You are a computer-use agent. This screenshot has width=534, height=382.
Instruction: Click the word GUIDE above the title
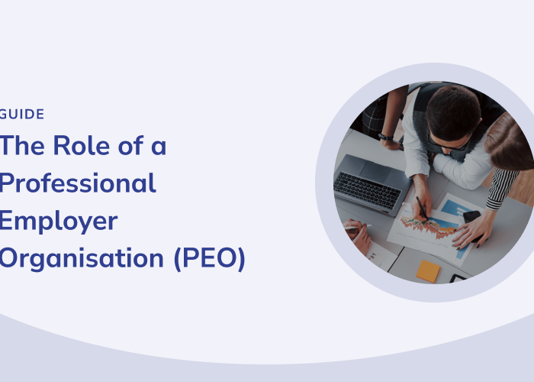(x=22, y=115)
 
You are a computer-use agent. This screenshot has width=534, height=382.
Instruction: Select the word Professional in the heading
(x=78, y=183)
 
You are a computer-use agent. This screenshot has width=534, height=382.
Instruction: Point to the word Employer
(x=59, y=222)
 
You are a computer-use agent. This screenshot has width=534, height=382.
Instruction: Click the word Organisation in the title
(x=82, y=259)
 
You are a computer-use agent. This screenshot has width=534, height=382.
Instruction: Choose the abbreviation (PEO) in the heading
(x=210, y=258)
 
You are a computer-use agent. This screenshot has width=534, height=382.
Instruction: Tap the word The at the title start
(x=22, y=146)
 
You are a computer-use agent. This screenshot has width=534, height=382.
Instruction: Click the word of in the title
(x=131, y=145)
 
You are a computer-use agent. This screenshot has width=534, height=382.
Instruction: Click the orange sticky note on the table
(x=428, y=271)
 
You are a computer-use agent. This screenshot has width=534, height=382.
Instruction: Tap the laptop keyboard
(x=367, y=190)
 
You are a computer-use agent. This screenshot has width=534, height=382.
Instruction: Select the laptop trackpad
(x=375, y=172)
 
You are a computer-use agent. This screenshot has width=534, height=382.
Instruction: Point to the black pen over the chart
(x=422, y=208)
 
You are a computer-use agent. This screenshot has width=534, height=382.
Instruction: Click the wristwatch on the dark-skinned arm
(x=385, y=137)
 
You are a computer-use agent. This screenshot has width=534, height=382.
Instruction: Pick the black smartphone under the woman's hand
(x=473, y=223)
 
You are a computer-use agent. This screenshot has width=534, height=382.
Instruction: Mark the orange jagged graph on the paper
(x=428, y=227)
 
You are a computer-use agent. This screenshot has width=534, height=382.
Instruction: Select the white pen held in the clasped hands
(x=357, y=227)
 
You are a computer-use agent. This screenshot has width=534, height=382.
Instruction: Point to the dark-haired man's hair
(x=453, y=112)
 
